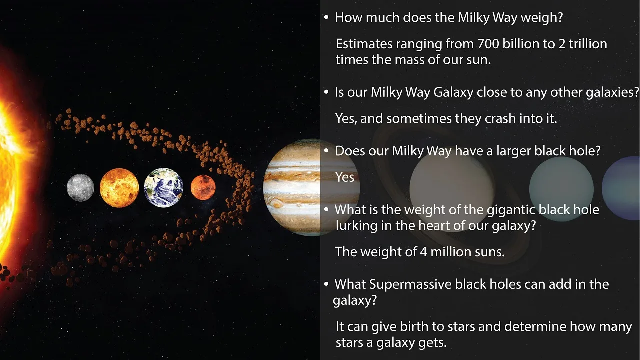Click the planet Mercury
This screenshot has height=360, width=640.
pos(80,188)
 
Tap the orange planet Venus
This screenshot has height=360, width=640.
pos(119,188)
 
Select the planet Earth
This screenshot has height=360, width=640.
pos(163,187)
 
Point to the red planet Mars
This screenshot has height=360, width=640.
pos(203,187)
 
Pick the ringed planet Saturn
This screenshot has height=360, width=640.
pos(452,187)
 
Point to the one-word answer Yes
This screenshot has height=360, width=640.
pos(345,177)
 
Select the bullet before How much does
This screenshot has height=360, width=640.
pos(326,18)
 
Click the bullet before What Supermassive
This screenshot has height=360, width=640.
pos(326,284)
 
